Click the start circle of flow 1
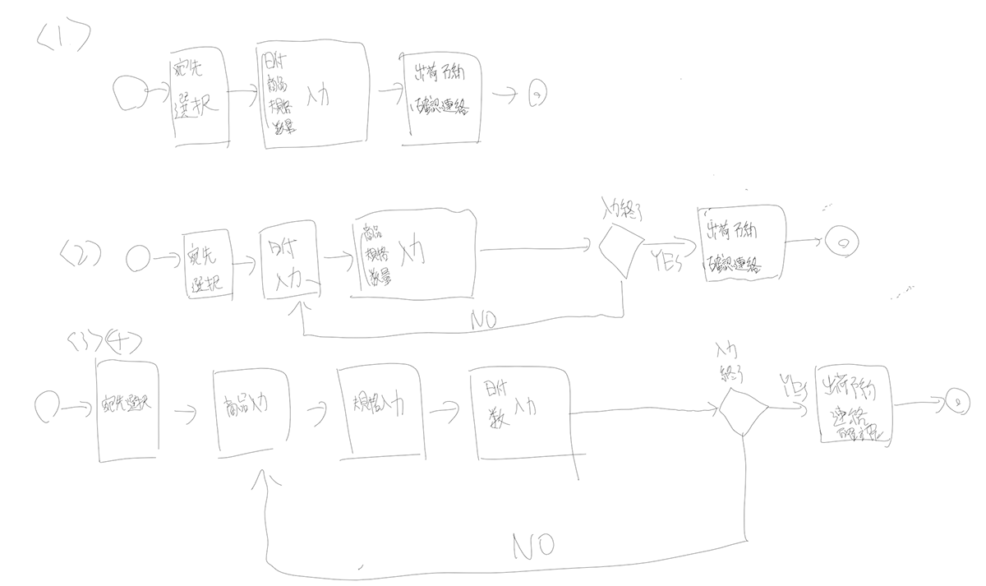[128, 95]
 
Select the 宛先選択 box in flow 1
[198, 101]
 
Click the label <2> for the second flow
[80, 252]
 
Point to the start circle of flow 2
[139, 260]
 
